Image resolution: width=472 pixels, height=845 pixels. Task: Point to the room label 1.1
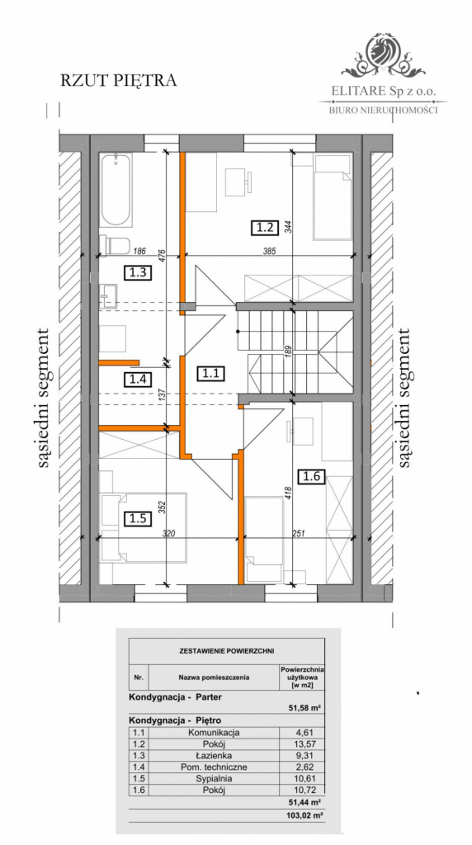tap(210, 372)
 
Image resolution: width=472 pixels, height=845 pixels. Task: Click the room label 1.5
tap(137, 518)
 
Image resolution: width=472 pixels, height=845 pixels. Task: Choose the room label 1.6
tap(312, 476)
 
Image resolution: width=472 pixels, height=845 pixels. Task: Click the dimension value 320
tap(169, 533)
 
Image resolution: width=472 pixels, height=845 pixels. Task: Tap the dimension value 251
tap(298, 533)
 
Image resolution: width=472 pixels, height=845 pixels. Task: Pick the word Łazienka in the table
tap(213, 754)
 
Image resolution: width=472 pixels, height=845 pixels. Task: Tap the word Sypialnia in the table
tap(213, 777)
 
